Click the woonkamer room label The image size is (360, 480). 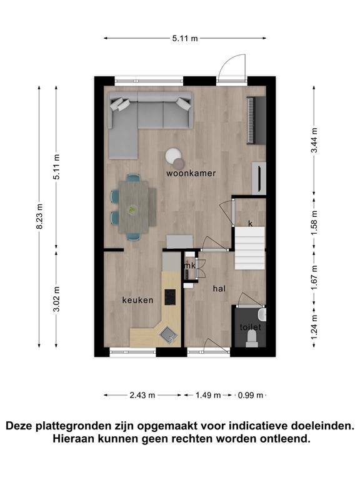pos(191,173)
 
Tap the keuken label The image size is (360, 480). pos(137,300)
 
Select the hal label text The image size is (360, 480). pos(219,288)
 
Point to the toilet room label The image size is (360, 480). pos(251,327)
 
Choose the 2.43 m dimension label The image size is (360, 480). pos(142,395)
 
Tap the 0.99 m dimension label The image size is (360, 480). pos(251,395)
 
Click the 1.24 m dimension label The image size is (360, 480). pos(314,327)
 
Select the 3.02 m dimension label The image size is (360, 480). pos(56,299)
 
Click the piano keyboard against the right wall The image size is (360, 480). pos(256,120)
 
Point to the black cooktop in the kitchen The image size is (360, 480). pos(170,297)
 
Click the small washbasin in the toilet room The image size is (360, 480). pos(262,314)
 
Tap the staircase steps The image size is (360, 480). pos(250,248)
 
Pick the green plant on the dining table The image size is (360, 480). pos(132,209)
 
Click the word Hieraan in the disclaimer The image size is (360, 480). pos(72,439)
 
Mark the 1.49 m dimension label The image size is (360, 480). pos(208,395)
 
